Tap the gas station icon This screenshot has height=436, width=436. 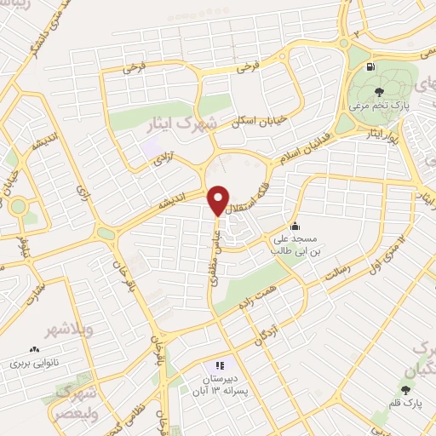[370, 67]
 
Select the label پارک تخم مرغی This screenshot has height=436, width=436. [379, 107]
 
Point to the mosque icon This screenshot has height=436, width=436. [295, 226]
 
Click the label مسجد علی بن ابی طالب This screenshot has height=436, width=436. [295, 245]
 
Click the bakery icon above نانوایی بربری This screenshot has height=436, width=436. [35, 349]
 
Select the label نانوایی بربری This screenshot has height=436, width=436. [33, 362]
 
